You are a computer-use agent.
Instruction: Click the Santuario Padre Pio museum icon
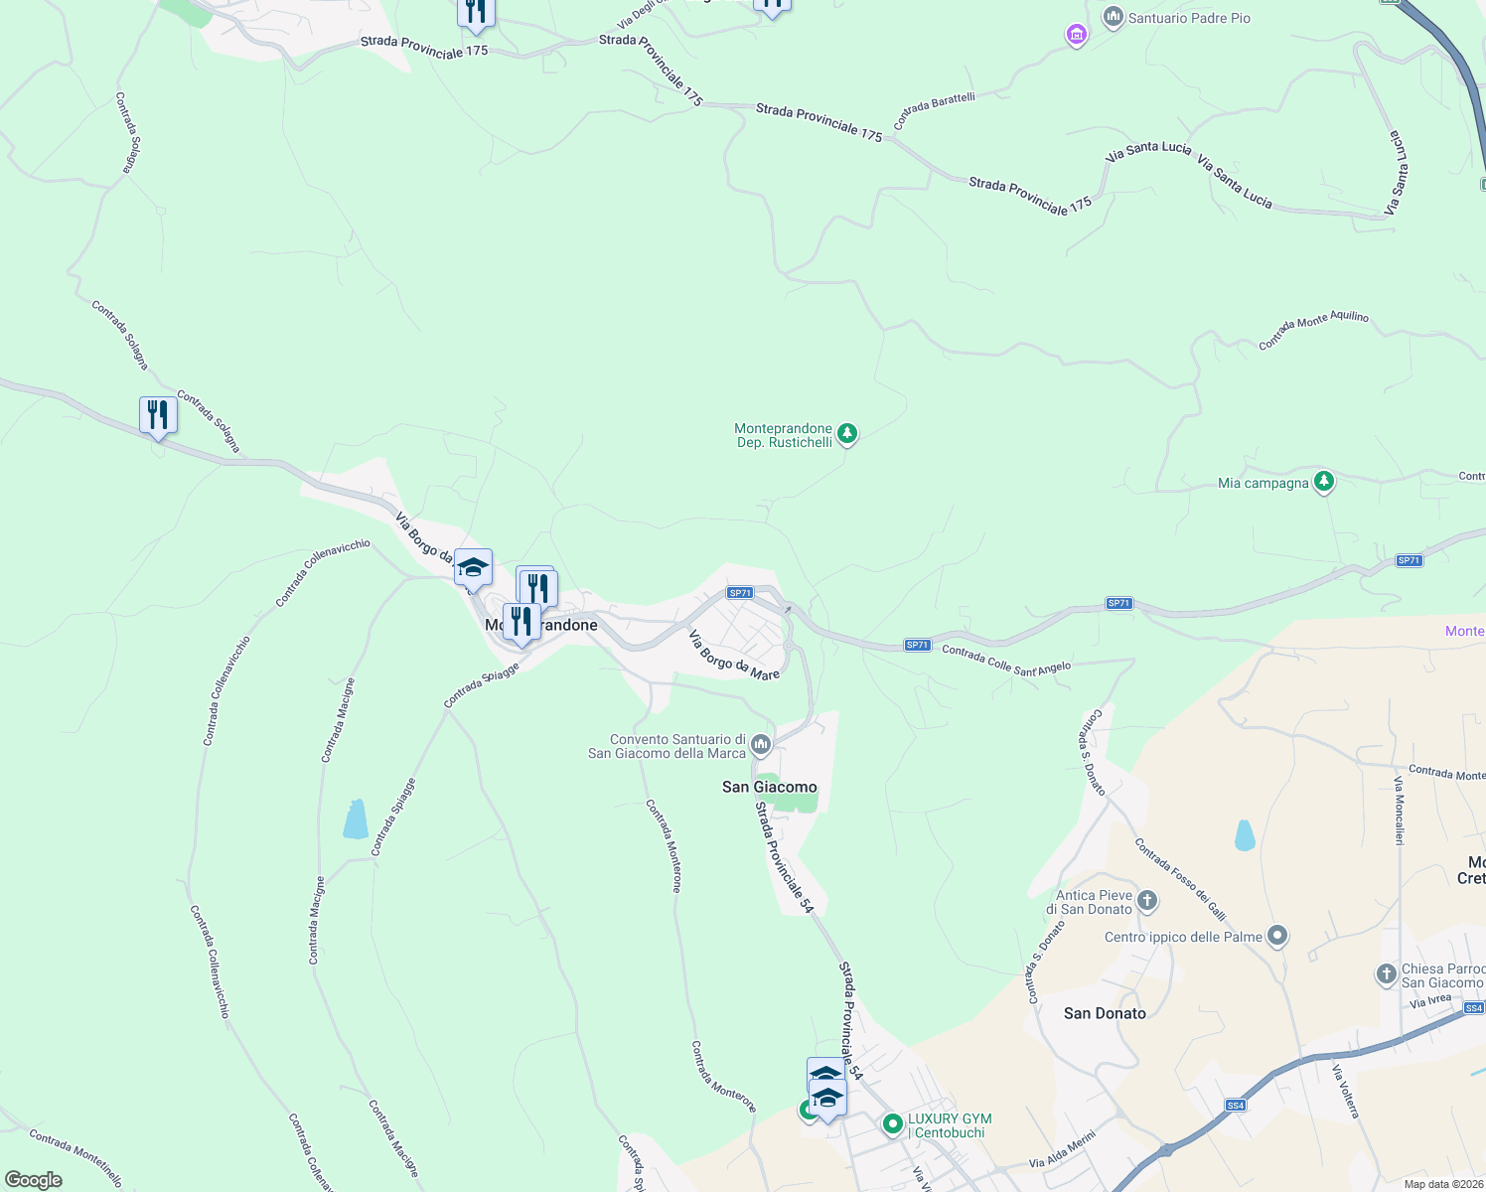pyautogui.click(x=1113, y=18)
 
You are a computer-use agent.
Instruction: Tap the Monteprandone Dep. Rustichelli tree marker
pyautogui.click(x=846, y=434)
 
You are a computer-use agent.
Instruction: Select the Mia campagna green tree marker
pyautogui.click(x=1323, y=483)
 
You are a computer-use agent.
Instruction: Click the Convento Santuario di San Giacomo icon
pyautogui.click(x=761, y=744)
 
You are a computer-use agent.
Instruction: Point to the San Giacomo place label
pyautogui.click(x=769, y=787)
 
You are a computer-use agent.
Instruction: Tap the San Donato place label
pyautogui.click(x=1105, y=1013)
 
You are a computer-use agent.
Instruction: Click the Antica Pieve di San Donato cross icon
pyautogui.click(x=1147, y=901)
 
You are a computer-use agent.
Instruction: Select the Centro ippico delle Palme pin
pyautogui.click(x=1277, y=936)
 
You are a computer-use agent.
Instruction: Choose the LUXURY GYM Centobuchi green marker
pyautogui.click(x=893, y=1124)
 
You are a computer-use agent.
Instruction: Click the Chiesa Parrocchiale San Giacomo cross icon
pyautogui.click(x=1387, y=974)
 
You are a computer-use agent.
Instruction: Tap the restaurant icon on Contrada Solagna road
pyautogui.click(x=158, y=415)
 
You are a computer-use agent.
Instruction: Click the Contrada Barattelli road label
pyautogui.click(x=934, y=110)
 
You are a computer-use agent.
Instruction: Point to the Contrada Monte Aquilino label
pyautogui.click(x=1313, y=330)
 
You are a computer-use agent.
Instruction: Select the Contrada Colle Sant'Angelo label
pyautogui.click(x=1006, y=661)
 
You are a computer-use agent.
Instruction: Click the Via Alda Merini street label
pyautogui.click(x=1062, y=1149)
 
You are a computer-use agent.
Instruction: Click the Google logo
pyautogui.click(x=34, y=1179)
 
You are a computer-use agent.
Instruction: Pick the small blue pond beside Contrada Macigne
pyautogui.click(x=355, y=819)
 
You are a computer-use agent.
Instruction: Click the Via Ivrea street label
pyautogui.click(x=1430, y=1001)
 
